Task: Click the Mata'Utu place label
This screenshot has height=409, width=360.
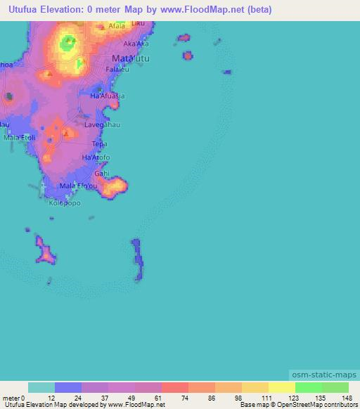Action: (x=130, y=58)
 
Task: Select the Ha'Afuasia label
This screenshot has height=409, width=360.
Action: (x=108, y=95)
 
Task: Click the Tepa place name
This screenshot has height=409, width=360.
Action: (x=99, y=143)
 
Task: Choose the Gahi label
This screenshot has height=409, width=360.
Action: (x=102, y=171)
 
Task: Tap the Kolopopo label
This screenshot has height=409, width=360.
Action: (x=65, y=203)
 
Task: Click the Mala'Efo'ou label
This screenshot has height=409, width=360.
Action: (x=79, y=186)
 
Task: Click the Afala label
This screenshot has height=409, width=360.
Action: (x=116, y=26)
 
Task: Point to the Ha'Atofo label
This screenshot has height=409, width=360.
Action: (x=96, y=157)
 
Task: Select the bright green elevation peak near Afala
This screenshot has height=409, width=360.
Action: (x=68, y=43)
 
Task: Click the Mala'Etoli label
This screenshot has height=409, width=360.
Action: (x=19, y=137)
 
